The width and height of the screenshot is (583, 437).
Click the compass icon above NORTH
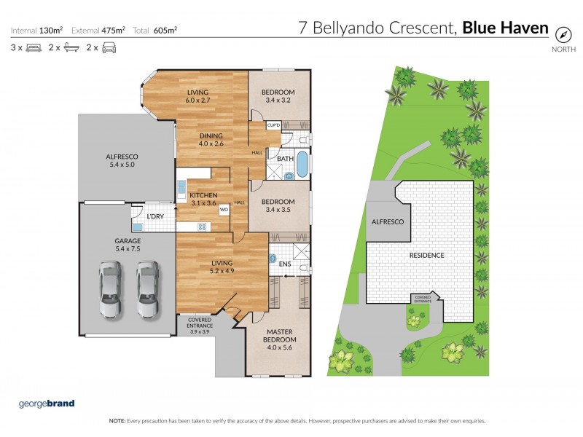563,34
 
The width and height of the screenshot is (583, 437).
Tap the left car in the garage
111,291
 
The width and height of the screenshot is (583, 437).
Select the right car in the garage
149,291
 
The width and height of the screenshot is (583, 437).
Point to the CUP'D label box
274,126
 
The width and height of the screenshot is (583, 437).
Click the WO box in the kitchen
224,210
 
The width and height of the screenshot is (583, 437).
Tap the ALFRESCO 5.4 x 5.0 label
122,160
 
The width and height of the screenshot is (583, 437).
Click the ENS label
286,264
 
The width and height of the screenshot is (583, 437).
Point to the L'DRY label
154,216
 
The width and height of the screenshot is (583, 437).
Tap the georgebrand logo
47,403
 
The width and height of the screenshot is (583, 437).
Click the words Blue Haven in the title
506,28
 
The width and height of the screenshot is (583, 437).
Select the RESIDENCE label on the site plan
426,255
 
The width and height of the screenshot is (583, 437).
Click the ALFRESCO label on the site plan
387,221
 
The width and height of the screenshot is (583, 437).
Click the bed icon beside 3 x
33,48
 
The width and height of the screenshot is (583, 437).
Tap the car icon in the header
109,48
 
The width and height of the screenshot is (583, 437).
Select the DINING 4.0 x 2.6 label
211,140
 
